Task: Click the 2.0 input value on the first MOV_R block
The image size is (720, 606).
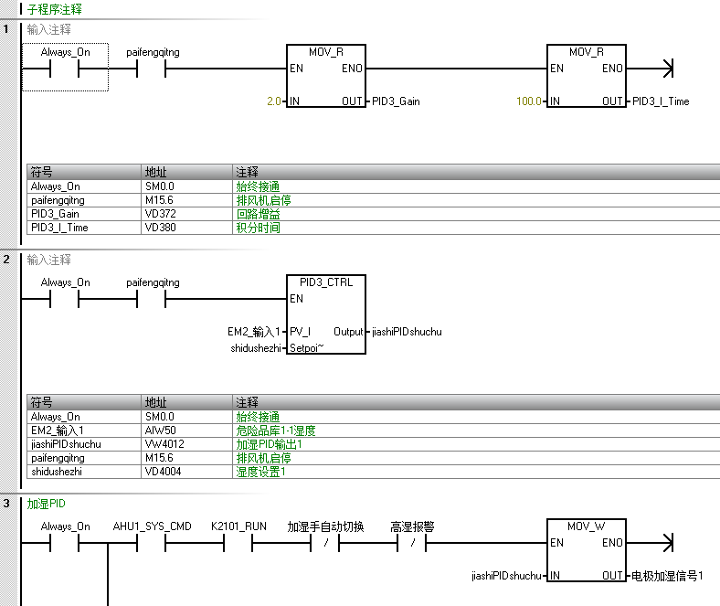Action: pyautogui.click(x=274, y=101)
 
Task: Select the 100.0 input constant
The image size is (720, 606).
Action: pyautogui.click(x=528, y=101)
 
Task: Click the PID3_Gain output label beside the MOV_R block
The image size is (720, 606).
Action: pyautogui.click(x=396, y=101)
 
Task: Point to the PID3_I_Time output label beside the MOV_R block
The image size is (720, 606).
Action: pyautogui.click(x=661, y=101)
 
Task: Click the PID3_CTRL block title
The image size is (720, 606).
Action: pyautogui.click(x=326, y=282)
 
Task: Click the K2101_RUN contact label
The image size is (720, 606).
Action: pyautogui.click(x=238, y=526)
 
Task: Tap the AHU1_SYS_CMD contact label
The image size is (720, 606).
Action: pyautogui.click(x=152, y=526)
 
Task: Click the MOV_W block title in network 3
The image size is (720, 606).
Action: pyautogui.click(x=587, y=526)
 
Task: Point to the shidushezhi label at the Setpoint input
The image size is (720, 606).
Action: pyautogui.click(x=256, y=348)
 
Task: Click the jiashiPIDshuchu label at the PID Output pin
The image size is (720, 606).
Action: pyautogui.click(x=407, y=332)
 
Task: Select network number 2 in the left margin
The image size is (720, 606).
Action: pyautogui.click(x=6, y=260)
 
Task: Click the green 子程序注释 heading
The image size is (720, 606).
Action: pyautogui.click(x=55, y=9)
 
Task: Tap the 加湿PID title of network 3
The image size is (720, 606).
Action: pyautogui.click(x=46, y=504)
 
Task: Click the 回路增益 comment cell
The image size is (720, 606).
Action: pyautogui.click(x=258, y=214)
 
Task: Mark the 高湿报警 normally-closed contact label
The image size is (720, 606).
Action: pyautogui.click(x=412, y=526)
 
